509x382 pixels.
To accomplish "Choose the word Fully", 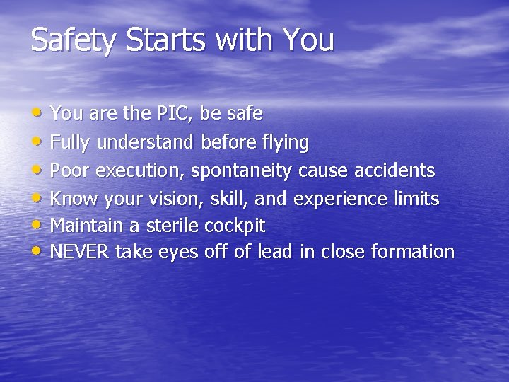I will tap(71, 142).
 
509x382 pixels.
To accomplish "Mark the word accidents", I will tap(393, 170).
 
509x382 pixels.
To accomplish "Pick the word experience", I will tap(340, 199).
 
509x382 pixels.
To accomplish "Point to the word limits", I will tap(416, 198).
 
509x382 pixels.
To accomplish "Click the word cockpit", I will tap(235, 226).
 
